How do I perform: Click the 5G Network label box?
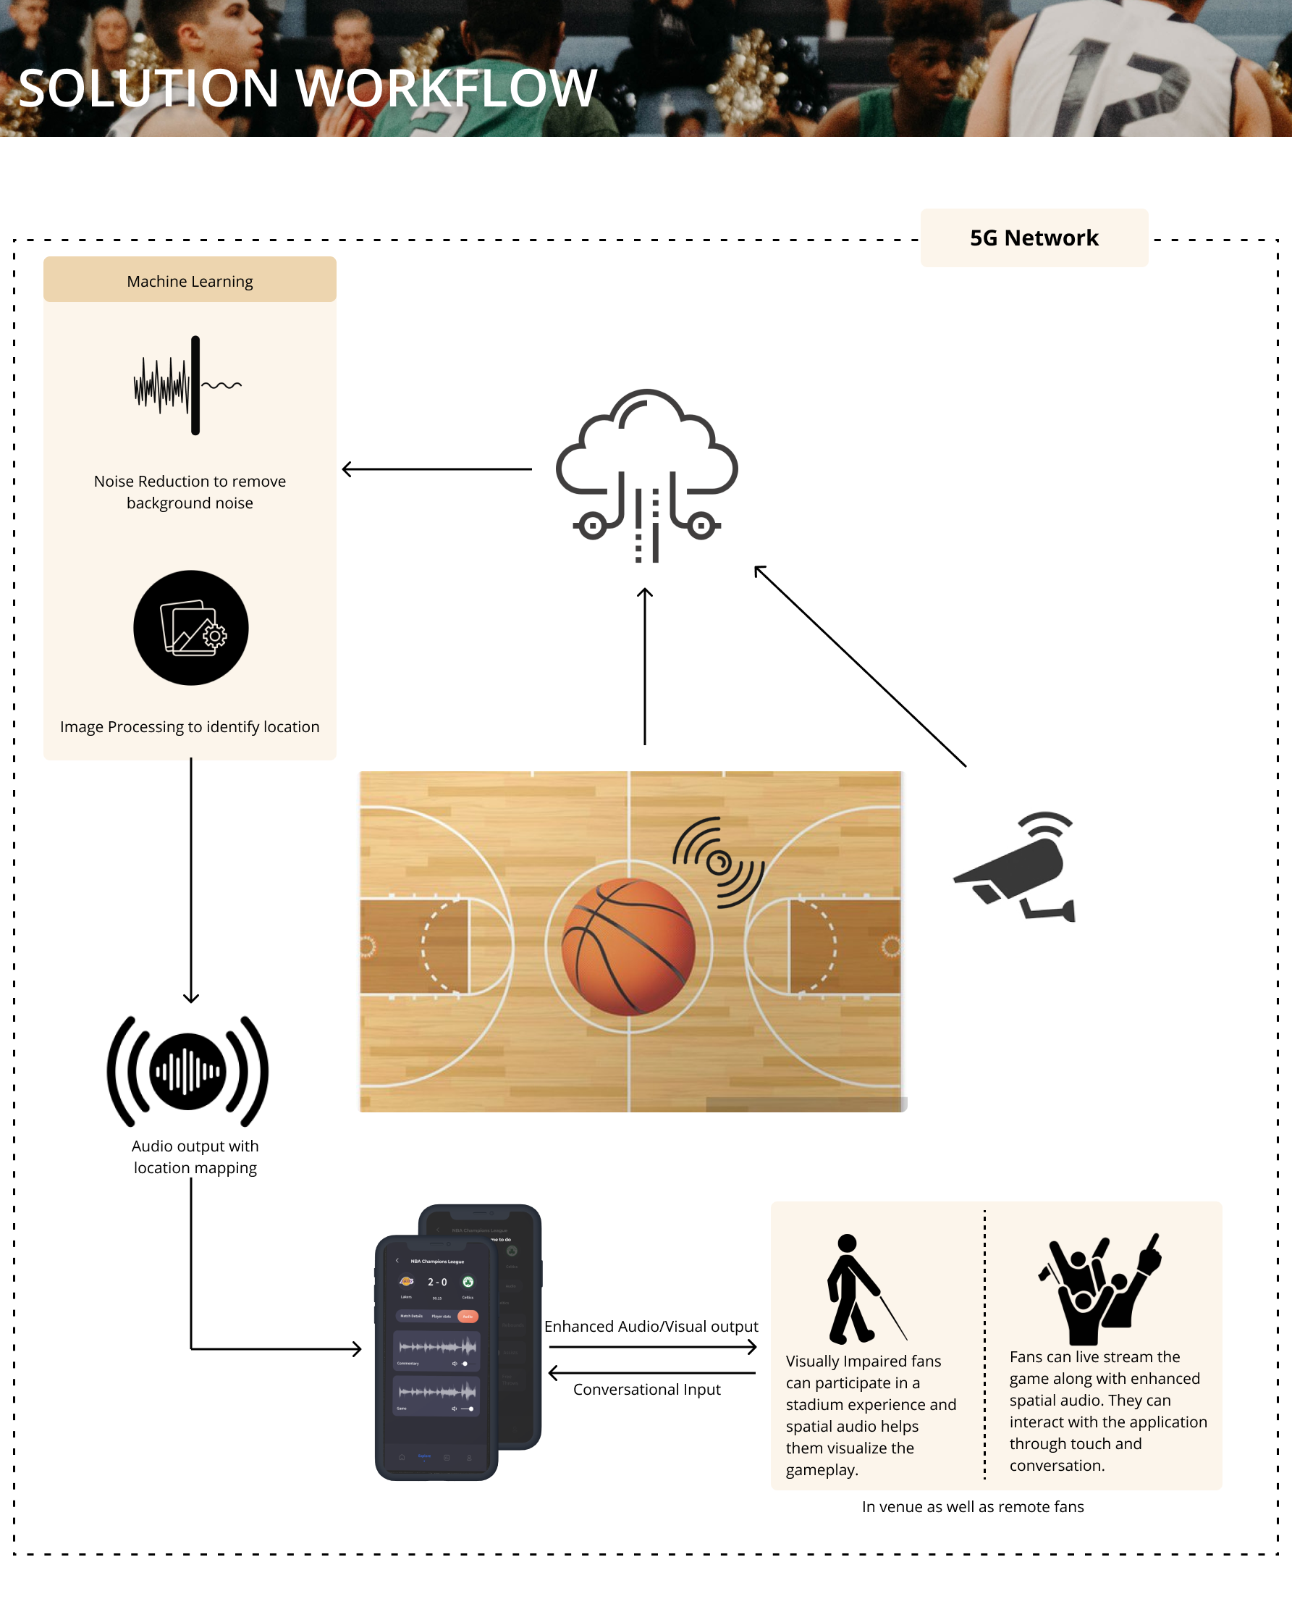[1034, 238]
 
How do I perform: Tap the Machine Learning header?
[190, 281]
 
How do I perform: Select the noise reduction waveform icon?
[188, 385]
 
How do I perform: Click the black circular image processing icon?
[190, 628]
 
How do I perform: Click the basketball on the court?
[628, 947]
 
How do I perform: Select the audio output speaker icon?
[187, 1070]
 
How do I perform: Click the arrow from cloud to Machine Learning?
[437, 469]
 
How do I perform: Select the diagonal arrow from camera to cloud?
[860, 666]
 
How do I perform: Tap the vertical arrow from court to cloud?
[644, 666]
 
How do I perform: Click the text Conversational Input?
[647, 1389]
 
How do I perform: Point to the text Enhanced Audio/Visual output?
[651, 1326]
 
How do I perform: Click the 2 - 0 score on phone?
[437, 1282]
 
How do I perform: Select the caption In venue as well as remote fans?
[973, 1506]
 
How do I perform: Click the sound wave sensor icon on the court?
[718, 862]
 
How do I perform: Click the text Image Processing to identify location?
[190, 726]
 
